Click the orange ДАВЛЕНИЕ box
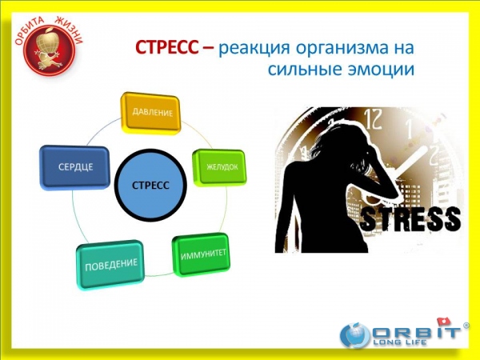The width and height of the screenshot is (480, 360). [x=150, y=113]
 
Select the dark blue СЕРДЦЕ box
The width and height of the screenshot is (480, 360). [x=75, y=167]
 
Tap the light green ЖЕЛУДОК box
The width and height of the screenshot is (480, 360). [x=220, y=167]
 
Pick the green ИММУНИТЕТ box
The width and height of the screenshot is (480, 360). [x=202, y=254]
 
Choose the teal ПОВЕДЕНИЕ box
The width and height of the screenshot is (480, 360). [x=110, y=265]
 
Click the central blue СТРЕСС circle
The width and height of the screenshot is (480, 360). [x=150, y=185]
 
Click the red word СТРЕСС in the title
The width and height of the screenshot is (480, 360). [x=166, y=48]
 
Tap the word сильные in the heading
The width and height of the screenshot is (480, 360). [x=306, y=70]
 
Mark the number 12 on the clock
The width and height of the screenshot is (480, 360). [x=374, y=119]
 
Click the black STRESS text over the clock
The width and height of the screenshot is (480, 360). [x=410, y=219]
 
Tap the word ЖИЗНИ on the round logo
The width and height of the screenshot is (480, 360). [x=70, y=30]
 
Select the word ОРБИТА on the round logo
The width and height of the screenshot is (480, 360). [x=30, y=31]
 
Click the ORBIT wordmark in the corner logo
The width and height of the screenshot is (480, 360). [x=416, y=332]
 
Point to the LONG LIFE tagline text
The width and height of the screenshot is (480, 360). [x=399, y=342]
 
